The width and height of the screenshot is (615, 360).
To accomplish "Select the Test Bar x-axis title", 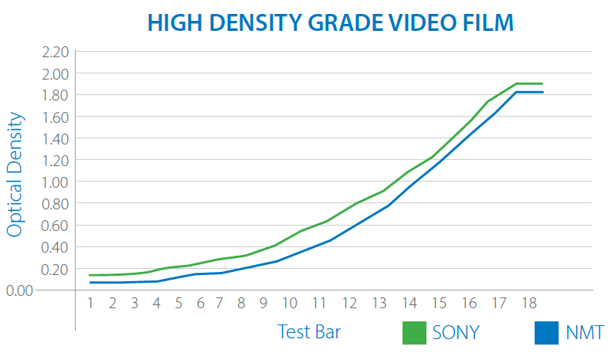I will (309, 332).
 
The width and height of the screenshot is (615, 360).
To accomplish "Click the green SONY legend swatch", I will (415, 332).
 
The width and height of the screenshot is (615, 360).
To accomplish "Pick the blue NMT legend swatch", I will (547, 332).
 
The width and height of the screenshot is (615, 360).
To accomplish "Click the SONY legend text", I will (456, 332).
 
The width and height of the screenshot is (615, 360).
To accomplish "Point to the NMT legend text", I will (584, 332).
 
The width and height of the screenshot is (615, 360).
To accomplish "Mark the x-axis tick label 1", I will (90, 302).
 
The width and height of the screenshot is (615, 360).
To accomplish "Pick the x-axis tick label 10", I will (289, 302).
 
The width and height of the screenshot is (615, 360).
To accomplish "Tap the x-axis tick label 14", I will (409, 302).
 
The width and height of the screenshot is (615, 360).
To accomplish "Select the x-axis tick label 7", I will (219, 302).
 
